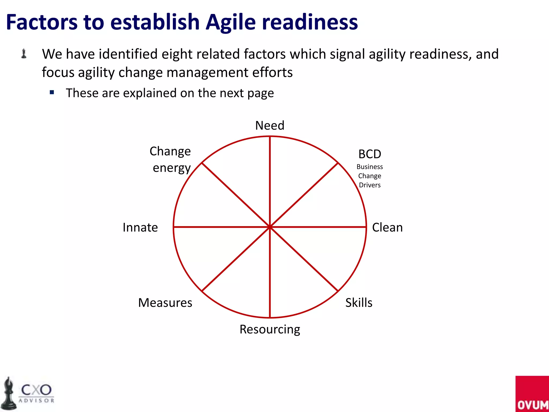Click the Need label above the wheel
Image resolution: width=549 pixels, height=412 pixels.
pos(270,126)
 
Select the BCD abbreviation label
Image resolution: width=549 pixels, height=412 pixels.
pos(370,154)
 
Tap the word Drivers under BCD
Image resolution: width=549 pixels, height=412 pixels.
pos(370,185)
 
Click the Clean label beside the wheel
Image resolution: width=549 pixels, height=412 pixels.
pos(387,227)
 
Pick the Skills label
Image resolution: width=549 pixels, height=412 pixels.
pos(359,303)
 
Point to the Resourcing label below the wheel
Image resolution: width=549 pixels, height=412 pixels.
pos(270,329)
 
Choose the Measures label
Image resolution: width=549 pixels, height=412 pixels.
pos(165,303)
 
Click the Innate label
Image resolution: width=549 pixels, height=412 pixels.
pos(140,227)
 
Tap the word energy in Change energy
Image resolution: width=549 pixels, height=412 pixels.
pos(172,168)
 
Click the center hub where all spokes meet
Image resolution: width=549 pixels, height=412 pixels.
pos(270,227)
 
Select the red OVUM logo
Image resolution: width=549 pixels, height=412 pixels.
pos(532,394)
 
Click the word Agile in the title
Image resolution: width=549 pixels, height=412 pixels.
pos(231,22)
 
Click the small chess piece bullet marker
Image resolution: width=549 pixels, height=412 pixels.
pos(24,53)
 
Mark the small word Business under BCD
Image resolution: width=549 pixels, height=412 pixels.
pos(370,167)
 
